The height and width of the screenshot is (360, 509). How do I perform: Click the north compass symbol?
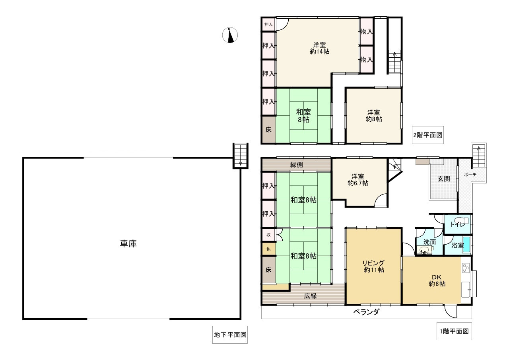click(230, 35)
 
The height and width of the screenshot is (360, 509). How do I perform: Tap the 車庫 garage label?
click(128, 243)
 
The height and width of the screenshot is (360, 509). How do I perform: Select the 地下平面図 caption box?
click(230, 335)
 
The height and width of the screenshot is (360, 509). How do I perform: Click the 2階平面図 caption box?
click(428, 135)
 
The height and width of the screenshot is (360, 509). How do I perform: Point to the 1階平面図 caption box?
click(454, 331)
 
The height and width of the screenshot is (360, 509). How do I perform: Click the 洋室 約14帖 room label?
click(320, 48)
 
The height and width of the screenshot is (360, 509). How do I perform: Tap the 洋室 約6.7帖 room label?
click(358, 179)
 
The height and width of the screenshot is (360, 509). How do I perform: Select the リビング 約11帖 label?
click(374, 266)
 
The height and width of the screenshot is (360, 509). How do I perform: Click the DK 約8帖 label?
click(437, 280)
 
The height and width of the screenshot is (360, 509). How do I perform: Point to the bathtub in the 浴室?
click(466, 244)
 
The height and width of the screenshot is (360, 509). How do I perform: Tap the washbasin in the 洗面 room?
click(424, 251)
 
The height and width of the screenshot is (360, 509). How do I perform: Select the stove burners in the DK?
click(466, 268)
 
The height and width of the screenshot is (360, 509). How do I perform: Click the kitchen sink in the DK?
click(466, 289)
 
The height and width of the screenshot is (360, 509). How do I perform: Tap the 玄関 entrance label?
click(444, 179)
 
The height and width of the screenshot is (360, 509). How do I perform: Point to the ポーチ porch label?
click(470, 175)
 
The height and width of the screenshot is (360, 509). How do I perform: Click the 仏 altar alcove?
click(268, 249)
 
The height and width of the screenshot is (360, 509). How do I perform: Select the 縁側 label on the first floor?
click(297, 165)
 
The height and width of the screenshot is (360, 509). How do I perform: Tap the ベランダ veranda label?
click(366, 311)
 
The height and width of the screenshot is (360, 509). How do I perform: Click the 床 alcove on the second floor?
click(268, 130)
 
